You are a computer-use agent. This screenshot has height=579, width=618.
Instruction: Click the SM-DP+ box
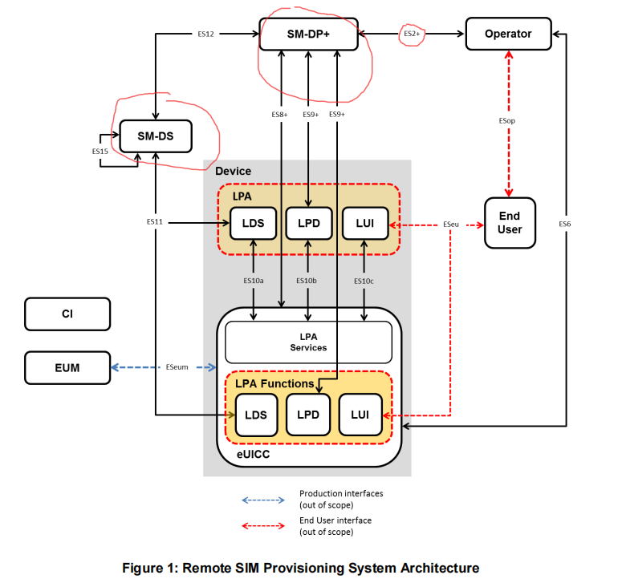[308, 34]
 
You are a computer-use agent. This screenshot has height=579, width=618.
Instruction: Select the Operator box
[508, 34]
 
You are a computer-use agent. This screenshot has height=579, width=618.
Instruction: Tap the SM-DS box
[157, 136]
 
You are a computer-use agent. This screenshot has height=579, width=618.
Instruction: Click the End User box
[510, 223]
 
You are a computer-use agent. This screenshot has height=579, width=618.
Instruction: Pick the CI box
[67, 314]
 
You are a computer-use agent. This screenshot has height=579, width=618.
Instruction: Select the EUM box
[67, 368]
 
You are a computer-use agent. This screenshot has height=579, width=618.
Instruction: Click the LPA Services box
[308, 342]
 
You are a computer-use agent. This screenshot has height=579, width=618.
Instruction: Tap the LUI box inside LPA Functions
[360, 415]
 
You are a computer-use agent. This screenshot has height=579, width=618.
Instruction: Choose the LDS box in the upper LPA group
[254, 223]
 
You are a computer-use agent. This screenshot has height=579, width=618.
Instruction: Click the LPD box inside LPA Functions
[308, 415]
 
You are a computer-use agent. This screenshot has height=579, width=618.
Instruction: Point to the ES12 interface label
[205, 34]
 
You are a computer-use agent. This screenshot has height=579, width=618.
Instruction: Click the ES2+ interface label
[412, 34]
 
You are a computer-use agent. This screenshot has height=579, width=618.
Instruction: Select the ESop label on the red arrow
[506, 120]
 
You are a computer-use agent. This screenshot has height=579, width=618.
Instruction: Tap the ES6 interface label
[565, 224]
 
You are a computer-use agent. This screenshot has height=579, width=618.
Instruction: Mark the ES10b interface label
[307, 281]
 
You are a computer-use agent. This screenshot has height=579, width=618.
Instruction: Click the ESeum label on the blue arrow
[177, 368]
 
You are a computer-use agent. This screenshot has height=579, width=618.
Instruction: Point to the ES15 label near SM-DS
[100, 151]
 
